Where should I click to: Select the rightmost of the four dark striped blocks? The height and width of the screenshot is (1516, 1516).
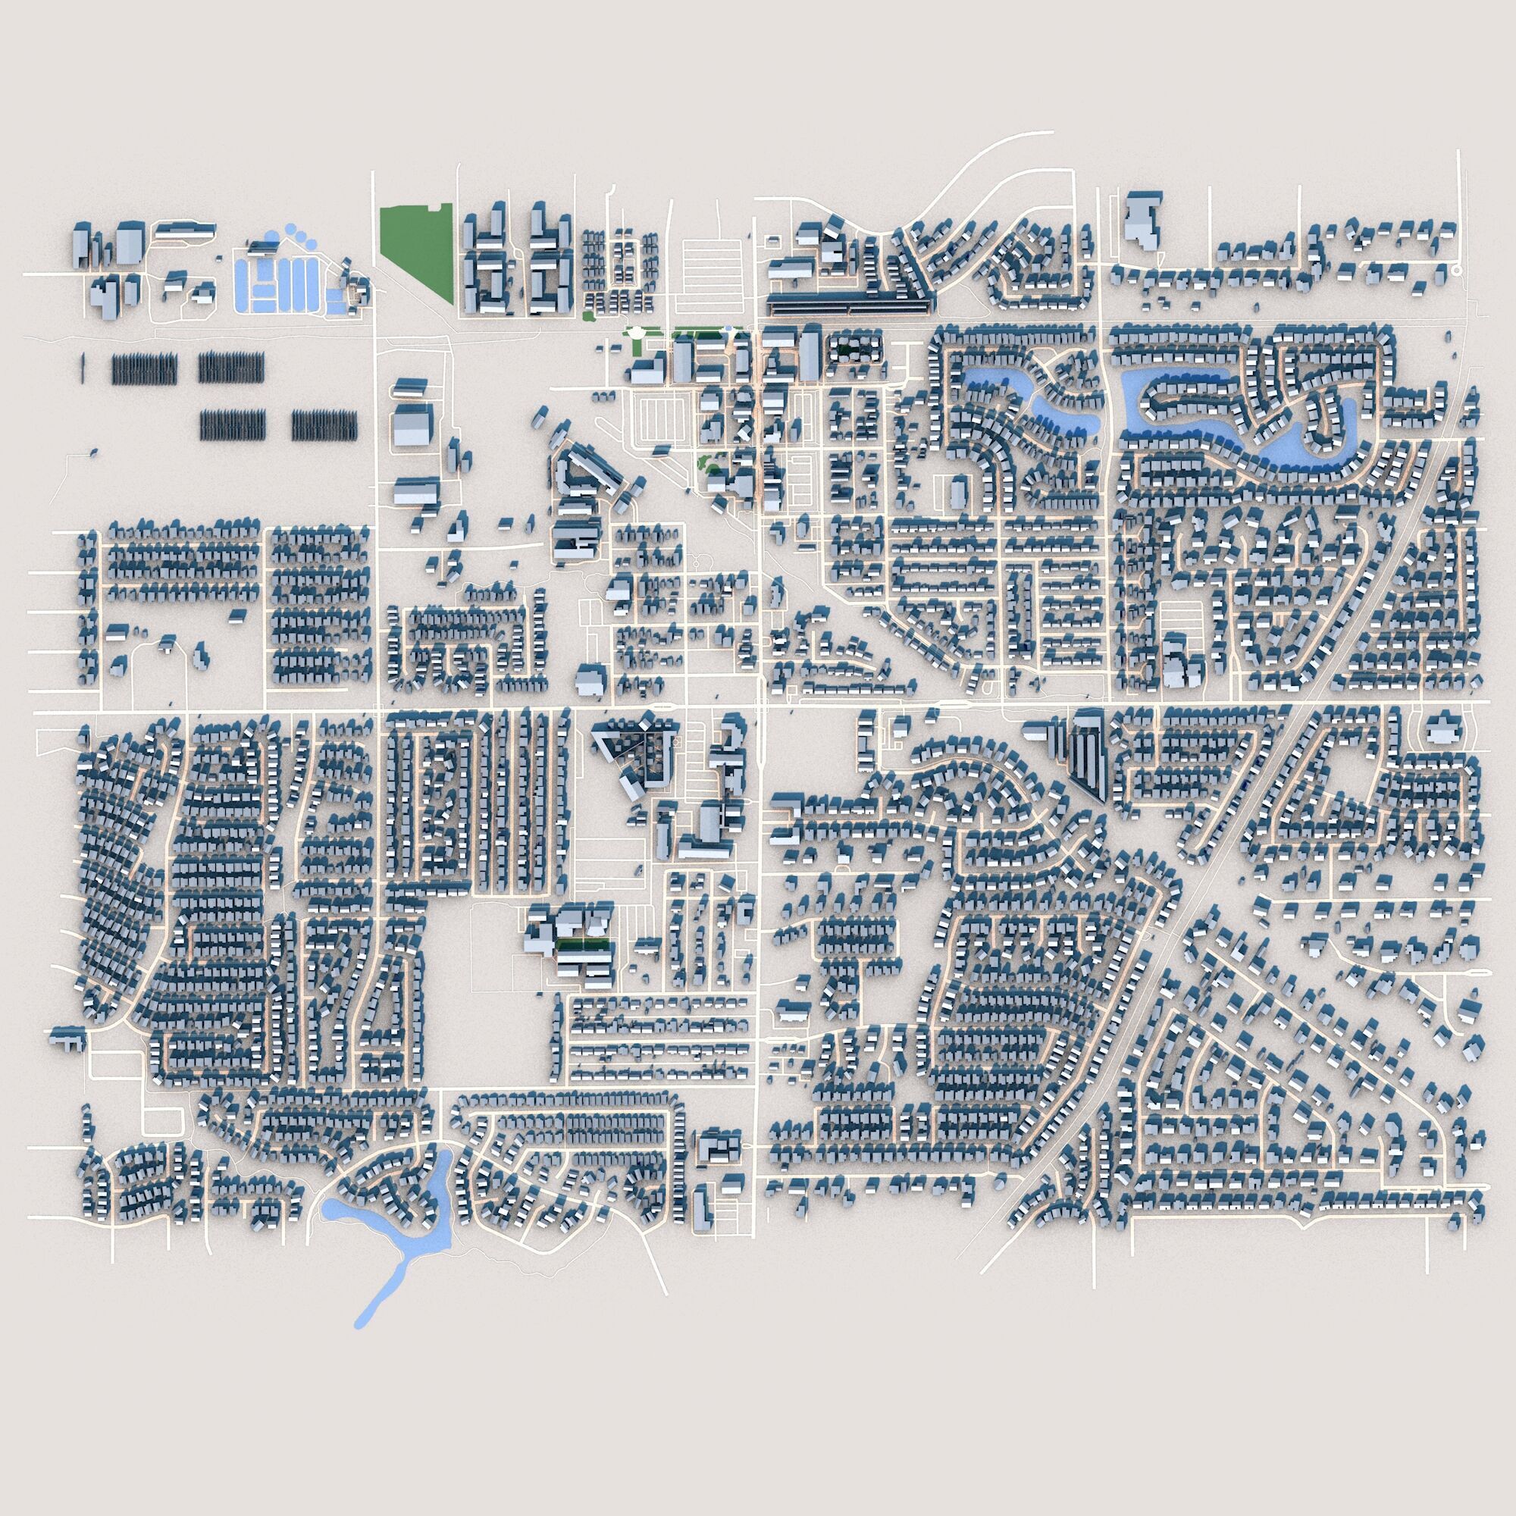point(324,424)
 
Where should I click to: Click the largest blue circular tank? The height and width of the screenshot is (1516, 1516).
point(272,235)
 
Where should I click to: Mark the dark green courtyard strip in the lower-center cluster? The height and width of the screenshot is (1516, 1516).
point(582,942)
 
